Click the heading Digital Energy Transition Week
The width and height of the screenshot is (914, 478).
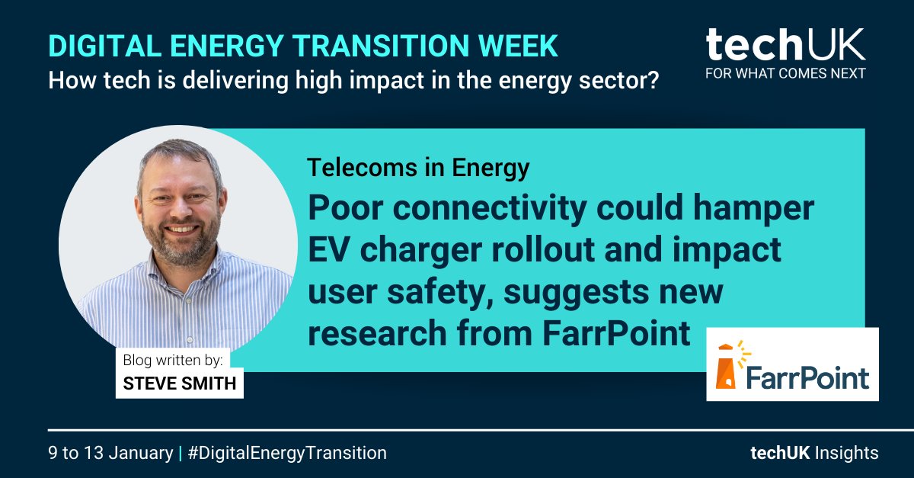coord(303,47)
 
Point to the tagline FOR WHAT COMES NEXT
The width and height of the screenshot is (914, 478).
coord(785,74)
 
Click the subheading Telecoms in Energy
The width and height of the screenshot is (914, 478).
coord(418,168)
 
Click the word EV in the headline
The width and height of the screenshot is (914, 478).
coord(330,251)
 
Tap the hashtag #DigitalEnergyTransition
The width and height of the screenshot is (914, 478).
coord(287,453)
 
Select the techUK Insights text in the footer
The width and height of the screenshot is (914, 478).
coord(813,453)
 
